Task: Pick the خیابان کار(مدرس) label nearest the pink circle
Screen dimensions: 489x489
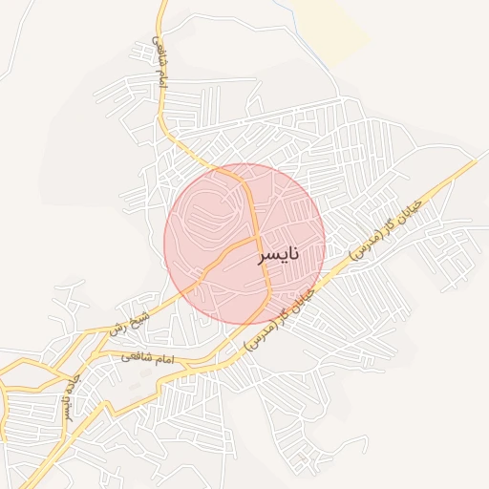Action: (283, 316)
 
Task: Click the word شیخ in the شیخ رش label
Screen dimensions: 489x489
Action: (141, 312)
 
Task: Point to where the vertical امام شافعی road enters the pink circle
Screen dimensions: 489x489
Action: (204, 171)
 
